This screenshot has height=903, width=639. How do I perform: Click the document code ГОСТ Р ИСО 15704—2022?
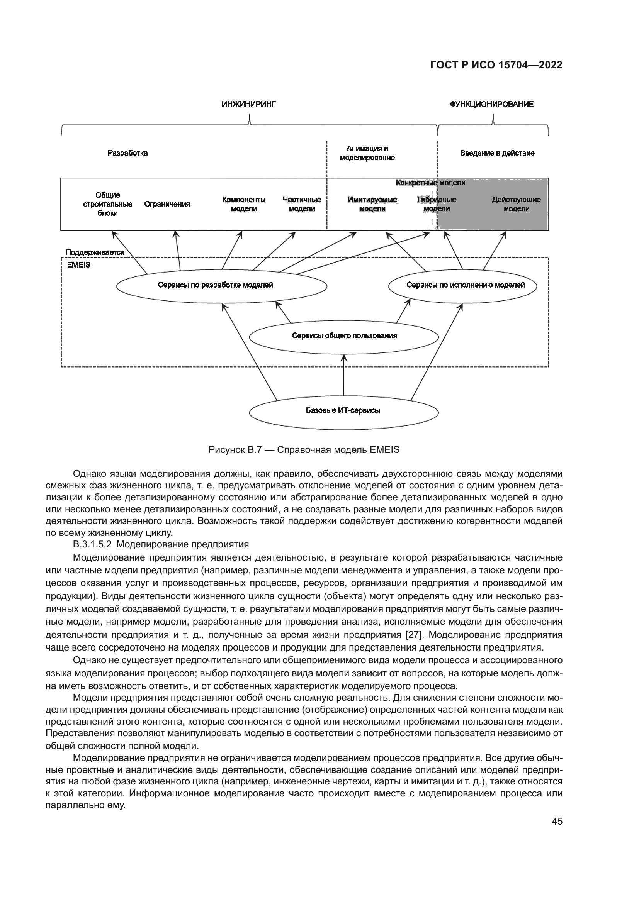coord(496,65)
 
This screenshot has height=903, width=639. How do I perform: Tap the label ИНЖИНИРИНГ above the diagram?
coord(249,104)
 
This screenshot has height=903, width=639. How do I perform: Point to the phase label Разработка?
coord(127,153)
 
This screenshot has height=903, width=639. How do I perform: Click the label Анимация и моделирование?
coord(367,153)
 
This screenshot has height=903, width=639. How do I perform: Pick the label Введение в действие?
coord(497,153)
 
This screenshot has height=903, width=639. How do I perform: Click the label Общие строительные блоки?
coord(107,204)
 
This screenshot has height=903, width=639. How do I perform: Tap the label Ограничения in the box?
coord(167,204)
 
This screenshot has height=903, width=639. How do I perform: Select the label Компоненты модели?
coord(243,204)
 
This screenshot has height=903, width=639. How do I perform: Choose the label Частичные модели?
coord(302,204)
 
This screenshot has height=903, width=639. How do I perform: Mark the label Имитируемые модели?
coord(372,204)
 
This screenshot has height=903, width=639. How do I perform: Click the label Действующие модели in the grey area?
coord(516,204)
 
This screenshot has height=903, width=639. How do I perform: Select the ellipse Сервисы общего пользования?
coord(344,336)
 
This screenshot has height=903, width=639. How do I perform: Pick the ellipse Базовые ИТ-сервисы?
coord(343,411)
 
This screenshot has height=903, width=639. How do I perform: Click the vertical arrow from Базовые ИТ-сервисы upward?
coord(344,376)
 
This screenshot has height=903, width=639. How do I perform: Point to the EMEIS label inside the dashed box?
coord(79,265)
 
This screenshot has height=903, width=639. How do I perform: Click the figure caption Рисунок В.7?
coord(304,449)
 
